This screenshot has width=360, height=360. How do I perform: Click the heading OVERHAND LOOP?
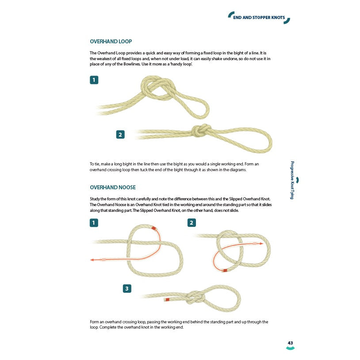tap(111, 42)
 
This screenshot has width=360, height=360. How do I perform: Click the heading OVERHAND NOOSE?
tap(112, 187)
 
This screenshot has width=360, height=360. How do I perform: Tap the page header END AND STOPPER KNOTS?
tap(259, 18)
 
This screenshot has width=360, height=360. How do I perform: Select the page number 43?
tap(290, 343)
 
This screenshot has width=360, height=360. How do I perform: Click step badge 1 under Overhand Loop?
tap(94, 80)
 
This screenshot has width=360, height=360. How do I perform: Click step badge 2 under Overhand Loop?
tap(120, 134)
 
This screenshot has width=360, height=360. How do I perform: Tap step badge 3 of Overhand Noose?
tap(127, 289)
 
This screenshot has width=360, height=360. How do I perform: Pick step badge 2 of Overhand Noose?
tap(191, 222)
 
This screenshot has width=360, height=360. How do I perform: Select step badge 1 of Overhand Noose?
tap(94, 222)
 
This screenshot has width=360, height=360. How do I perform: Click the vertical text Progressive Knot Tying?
tap(292, 180)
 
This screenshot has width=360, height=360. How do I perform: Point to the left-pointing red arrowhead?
tap(92, 260)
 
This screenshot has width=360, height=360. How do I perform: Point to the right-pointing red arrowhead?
tap(261, 243)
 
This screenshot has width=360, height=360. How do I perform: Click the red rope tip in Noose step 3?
tap(167, 299)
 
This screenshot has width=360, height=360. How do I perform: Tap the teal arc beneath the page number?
tap(290, 349)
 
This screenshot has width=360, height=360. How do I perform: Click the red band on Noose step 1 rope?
tap(154, 229)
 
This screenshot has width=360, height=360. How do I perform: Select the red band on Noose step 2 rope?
tap(225, 270)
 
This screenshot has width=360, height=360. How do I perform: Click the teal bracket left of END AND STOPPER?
tap(230, 15)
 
